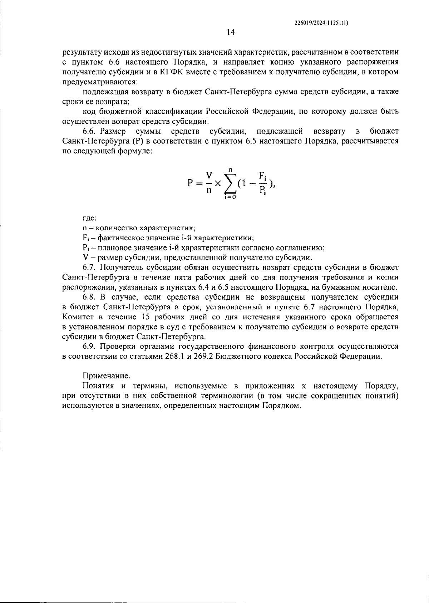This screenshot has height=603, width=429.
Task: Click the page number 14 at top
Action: click(x=231, y=33)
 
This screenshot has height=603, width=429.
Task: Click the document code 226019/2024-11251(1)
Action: click(x=321, y=22)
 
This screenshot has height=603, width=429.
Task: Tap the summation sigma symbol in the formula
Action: click(x=231, y=183)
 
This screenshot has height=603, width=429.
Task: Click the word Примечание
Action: click(x=106, y=376)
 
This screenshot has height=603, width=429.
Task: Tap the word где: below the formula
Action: click(x=89, y=218)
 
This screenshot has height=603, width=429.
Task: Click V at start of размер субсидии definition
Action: click(x=85, y=258)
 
